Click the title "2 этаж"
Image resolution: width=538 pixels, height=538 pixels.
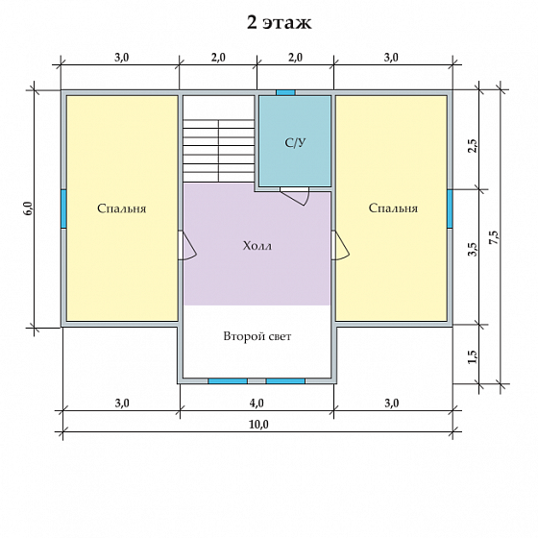click(280, 23)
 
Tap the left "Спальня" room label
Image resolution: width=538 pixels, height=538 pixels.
click(121, 208)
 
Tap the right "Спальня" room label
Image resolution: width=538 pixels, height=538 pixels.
click(393, 208)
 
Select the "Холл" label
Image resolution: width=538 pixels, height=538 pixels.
click(257, 246)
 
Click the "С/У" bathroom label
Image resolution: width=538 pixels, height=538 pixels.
click(295, 143)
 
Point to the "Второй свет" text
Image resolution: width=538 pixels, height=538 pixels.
click(257, 336)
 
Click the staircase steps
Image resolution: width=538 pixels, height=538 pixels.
click(219, 151)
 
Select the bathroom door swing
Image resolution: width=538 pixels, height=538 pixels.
click(295, 197)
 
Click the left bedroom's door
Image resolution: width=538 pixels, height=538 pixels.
click(187, 246)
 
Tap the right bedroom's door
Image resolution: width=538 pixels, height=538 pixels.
click(341, 246)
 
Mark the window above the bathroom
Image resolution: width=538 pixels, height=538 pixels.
click(286, 92)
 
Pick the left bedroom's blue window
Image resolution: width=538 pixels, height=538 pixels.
click(63, 208)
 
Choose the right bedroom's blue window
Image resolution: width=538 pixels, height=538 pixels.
click(450, 208)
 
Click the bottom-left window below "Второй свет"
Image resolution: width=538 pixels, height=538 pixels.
click(228, 380)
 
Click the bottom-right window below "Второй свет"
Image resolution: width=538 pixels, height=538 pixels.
click(285, 380)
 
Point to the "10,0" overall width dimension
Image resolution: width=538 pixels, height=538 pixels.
click(259, 425)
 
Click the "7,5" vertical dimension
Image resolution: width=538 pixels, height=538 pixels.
click(495, 236)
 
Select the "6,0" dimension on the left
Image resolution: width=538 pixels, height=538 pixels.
click(28, 208)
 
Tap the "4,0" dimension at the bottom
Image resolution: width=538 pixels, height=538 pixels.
click(257, 403)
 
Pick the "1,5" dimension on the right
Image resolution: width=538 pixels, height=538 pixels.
click(473, 356)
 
